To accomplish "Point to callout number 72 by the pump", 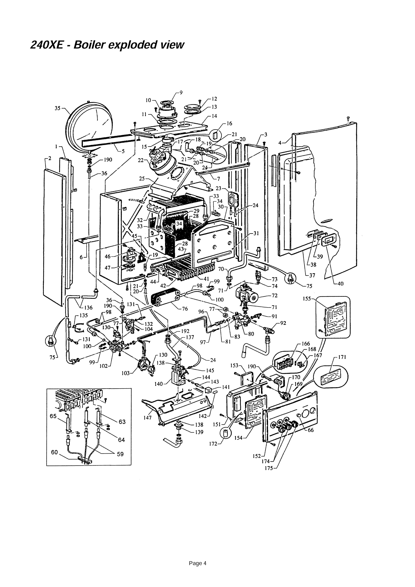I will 275,296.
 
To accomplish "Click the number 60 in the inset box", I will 54,452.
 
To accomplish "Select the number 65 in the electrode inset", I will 53,416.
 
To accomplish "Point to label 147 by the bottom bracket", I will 148,418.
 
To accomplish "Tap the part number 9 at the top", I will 181,93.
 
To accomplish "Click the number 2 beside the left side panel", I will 50,158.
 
